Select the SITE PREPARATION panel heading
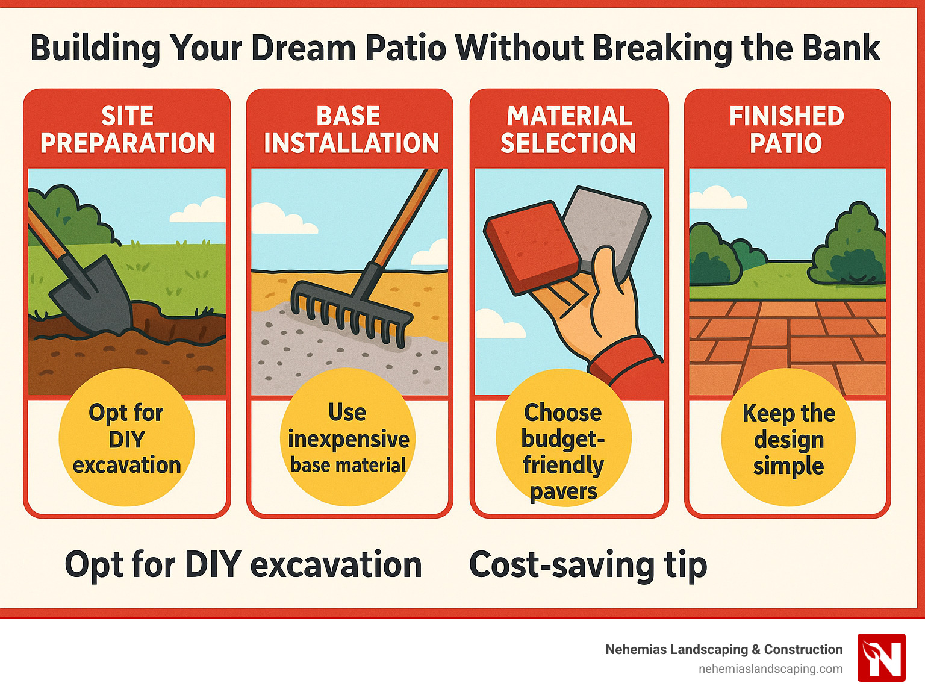coord(127,129)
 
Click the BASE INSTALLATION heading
coord(350,129)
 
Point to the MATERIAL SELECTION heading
coord(568,129)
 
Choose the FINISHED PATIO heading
coord(786,129)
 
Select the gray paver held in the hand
coord(605,226)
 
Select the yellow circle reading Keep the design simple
coord(788,438)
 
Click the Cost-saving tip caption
coord(588,565)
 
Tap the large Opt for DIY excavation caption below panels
coord(243,565)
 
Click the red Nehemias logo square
coord(881,657)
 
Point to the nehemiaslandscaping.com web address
coord(770,669)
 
